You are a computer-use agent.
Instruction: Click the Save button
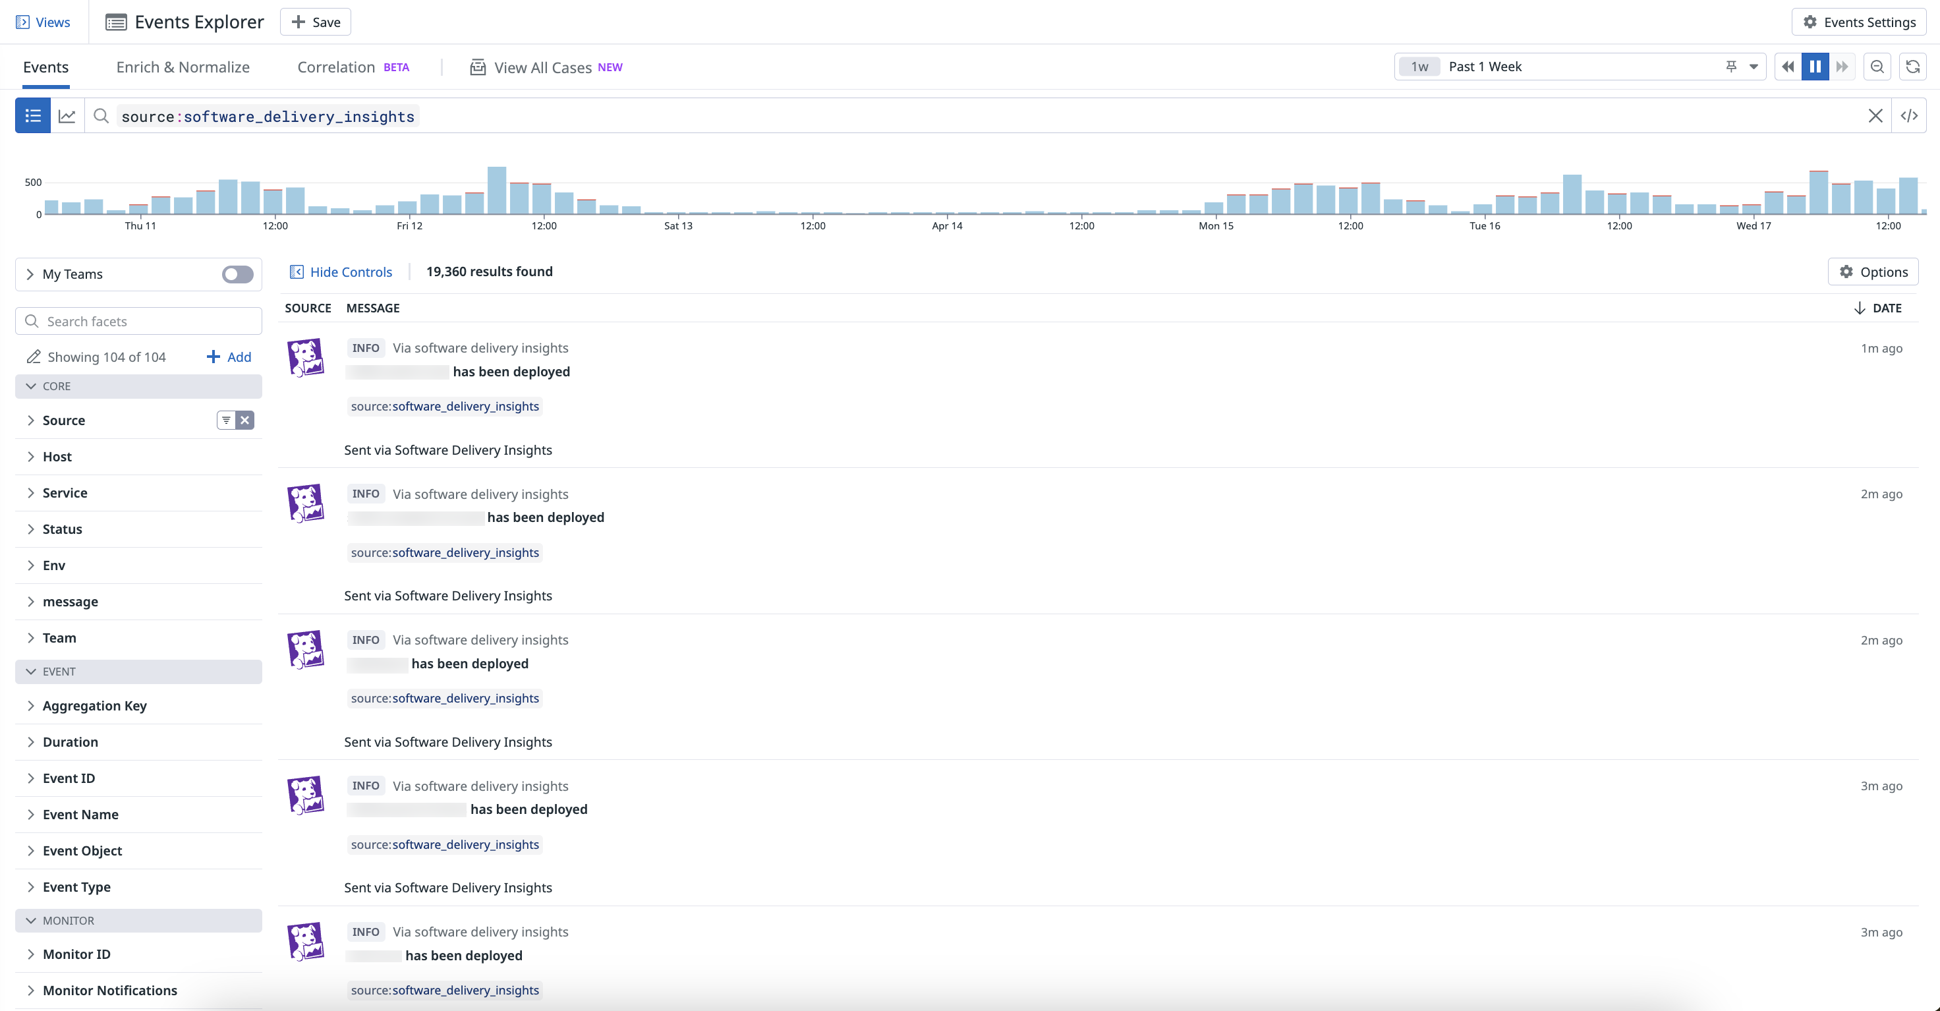point(316,22)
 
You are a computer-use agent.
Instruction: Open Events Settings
point(1859,22)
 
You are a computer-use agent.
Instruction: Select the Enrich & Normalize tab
point(183,67)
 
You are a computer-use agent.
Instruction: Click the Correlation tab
point(336,67)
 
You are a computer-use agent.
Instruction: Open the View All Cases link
point(542,68)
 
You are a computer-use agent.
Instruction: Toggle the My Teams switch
point(237,274)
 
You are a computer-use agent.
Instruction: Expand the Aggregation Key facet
point(95,706)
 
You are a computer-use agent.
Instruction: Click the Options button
point(1873,272)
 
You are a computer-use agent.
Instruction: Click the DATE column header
point(1886,308)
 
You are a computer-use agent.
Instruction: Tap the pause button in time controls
point(1815,67)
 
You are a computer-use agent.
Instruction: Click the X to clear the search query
point(1875,116)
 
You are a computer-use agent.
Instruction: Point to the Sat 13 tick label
point(678,226)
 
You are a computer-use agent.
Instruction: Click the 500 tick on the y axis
point(33,183)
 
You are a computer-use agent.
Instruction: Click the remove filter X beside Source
point(244,420)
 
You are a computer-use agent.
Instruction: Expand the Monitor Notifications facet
point(110,990)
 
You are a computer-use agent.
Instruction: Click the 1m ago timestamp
point(1881,348)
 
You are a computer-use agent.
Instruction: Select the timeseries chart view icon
point(67,116)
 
